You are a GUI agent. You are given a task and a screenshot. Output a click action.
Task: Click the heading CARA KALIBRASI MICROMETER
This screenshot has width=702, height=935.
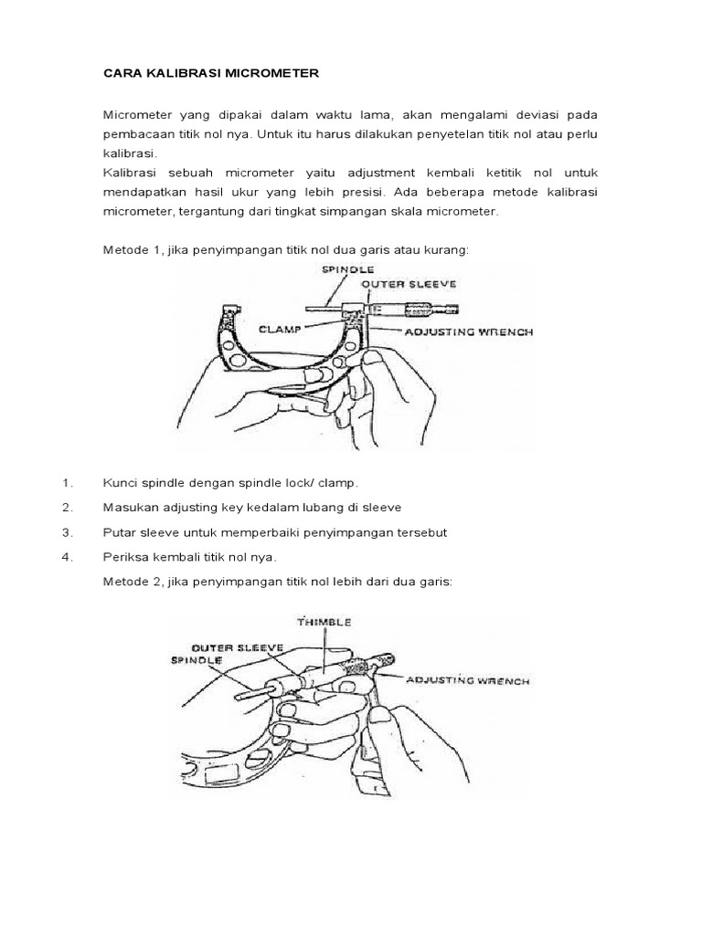[210, 73]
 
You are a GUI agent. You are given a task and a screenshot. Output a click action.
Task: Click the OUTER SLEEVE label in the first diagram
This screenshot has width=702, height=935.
[400, 284]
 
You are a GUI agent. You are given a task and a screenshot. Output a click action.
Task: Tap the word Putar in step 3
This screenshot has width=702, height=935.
[119, 532]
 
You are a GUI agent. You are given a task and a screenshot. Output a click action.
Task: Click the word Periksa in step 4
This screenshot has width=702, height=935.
[125, 557]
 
